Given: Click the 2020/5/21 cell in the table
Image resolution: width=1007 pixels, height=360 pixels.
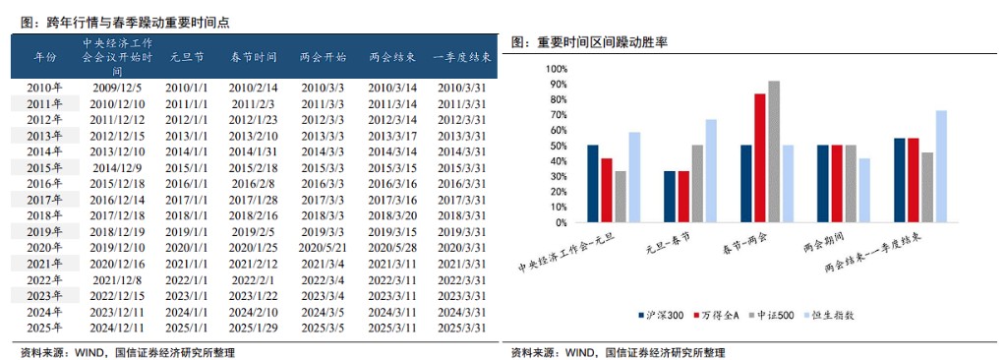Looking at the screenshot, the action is (323, 248).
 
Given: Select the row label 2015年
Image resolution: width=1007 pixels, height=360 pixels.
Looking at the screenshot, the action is (45, 167).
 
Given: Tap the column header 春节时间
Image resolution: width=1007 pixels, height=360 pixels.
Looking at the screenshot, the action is (254, 57).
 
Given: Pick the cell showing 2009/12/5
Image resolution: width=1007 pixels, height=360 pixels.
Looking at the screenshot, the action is (118, 88).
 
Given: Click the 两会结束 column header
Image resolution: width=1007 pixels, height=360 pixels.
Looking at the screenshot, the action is (392, 57).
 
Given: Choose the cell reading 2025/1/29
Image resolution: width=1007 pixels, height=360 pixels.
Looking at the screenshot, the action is (254, 328).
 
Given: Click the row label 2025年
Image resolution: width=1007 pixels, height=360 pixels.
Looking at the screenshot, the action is (45, 328).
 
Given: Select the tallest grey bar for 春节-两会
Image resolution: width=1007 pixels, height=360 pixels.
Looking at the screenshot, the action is (774, 151).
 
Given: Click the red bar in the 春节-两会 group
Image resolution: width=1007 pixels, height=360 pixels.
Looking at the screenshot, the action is (760, 158).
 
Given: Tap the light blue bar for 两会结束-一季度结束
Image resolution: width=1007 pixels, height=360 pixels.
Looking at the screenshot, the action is (941, 166).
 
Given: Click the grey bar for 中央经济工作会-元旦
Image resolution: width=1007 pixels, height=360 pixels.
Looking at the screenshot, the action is (620, 197).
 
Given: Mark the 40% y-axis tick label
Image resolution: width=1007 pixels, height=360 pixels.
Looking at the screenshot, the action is (557, 161).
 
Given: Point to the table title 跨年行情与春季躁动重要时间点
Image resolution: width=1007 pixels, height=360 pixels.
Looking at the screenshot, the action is (125, 23).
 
